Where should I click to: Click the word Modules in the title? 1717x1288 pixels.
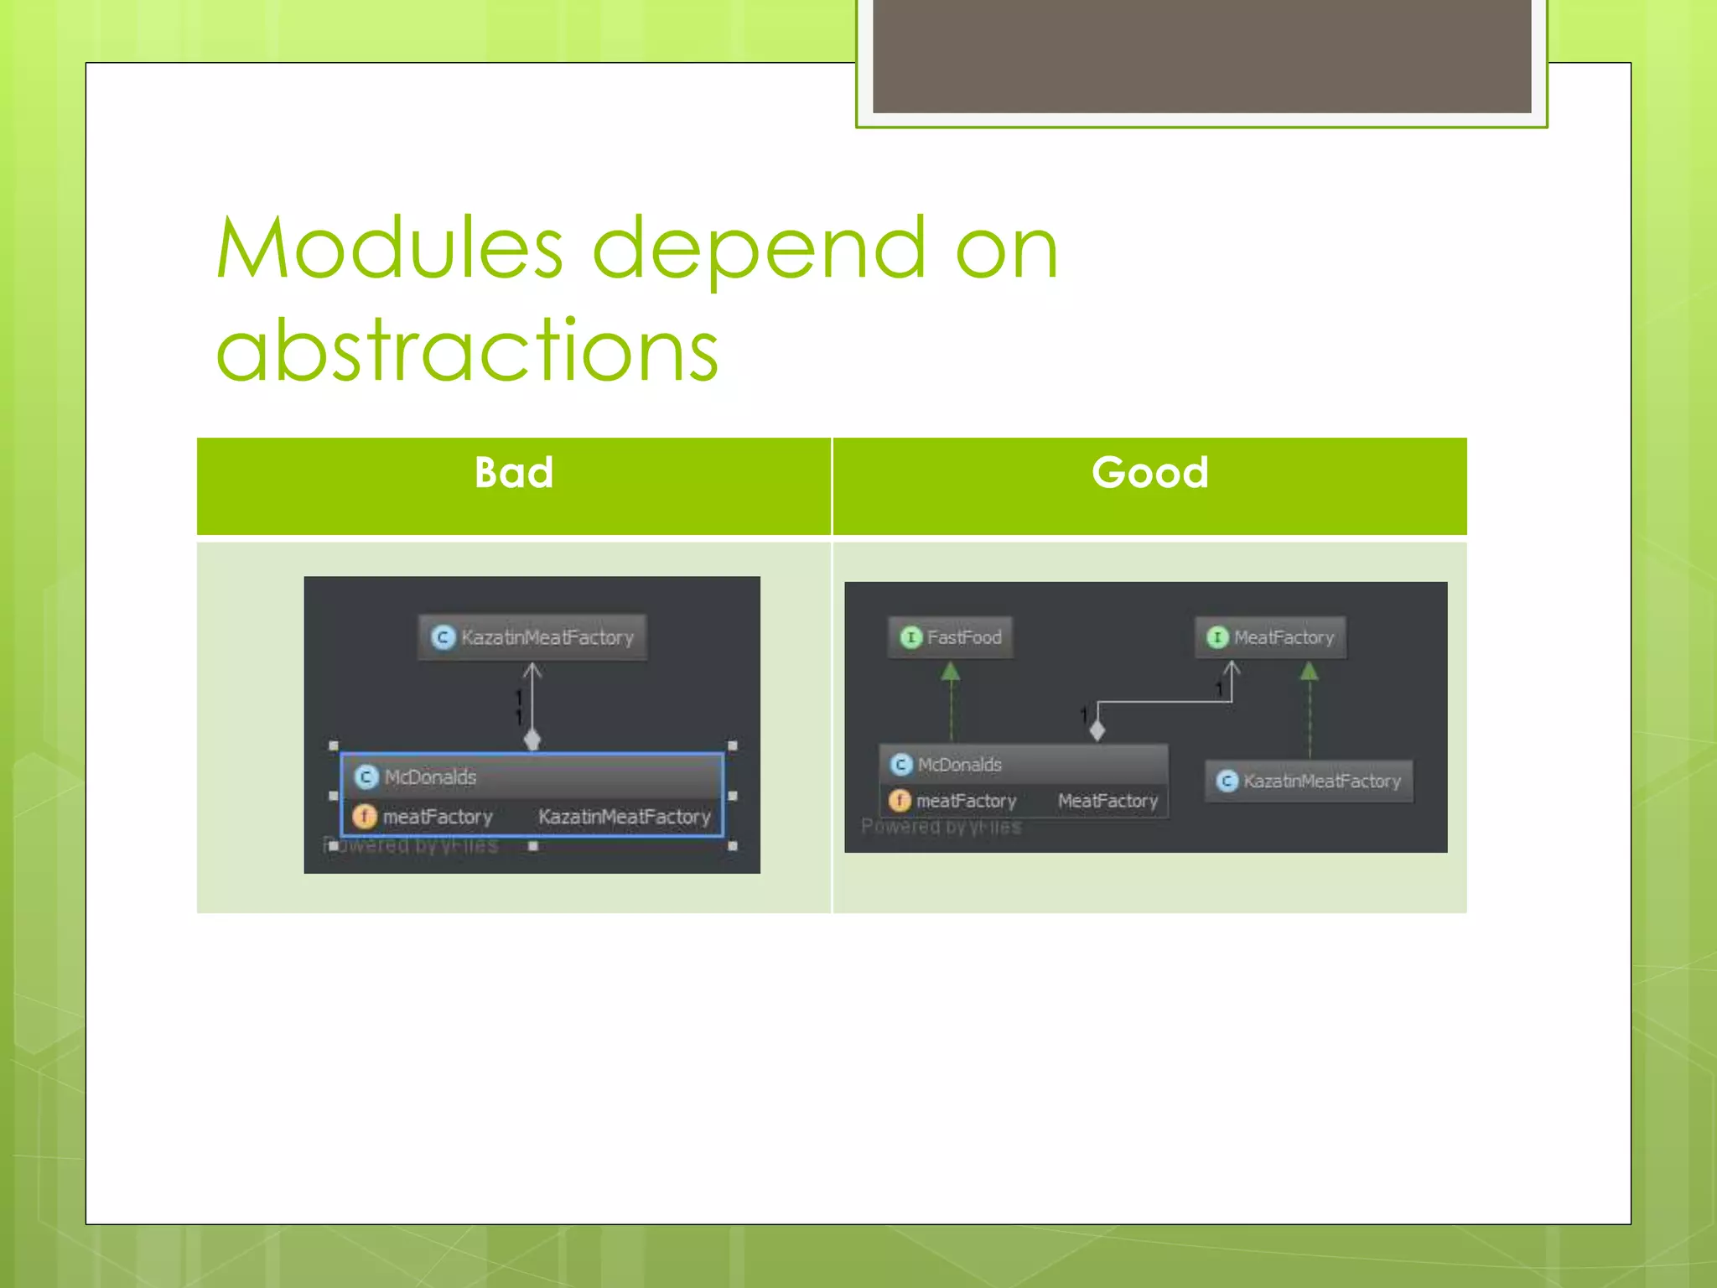[x=390, y=248]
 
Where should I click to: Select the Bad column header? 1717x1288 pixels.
[x=513, y=473]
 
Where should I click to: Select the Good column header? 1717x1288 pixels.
[x=1149, y=473]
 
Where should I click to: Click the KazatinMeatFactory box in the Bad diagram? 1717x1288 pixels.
[x=532, y=637]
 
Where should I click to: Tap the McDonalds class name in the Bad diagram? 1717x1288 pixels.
[x=430, y=777]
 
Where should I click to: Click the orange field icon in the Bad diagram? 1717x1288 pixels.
[x=365, y=816]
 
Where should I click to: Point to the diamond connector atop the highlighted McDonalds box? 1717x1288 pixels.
[x=532, y=740]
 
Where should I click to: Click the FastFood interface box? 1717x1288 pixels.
[x=951, y=637]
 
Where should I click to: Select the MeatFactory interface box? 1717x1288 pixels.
[x=1270, y=637]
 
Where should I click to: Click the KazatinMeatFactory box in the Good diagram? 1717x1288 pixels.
[x=1309, y=782]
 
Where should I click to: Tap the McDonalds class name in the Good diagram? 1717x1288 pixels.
[x=959, y=765]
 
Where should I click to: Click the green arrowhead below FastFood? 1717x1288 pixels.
[x=951, y=672]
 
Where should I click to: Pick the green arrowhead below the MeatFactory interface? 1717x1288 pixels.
[x=1310, y=672]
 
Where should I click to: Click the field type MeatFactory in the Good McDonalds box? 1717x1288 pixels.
[x=1107, y=802]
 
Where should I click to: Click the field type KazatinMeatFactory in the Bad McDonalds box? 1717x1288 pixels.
[x=624, y=817]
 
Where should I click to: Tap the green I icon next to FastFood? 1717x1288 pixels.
[x=910, y=637]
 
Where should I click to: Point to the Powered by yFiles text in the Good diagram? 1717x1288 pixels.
[x=941, y=828]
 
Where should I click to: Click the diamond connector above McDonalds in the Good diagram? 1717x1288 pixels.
[x=1097, y=730]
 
